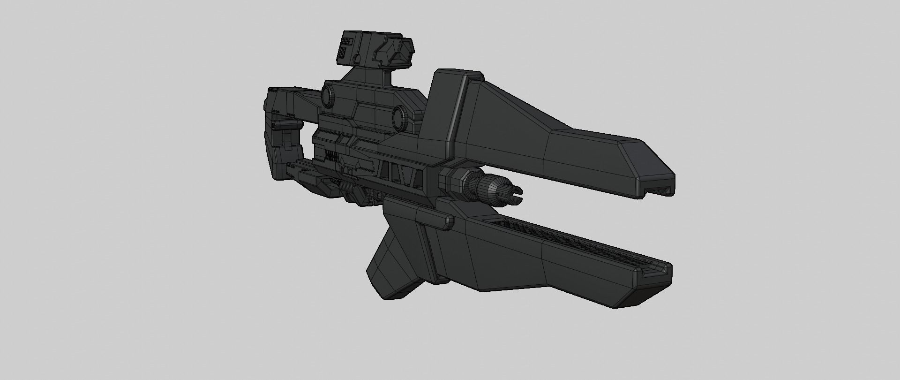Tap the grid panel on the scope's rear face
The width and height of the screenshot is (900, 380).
[x=345, y=47]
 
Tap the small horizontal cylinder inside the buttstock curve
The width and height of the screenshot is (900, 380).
[x=287, y=125]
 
